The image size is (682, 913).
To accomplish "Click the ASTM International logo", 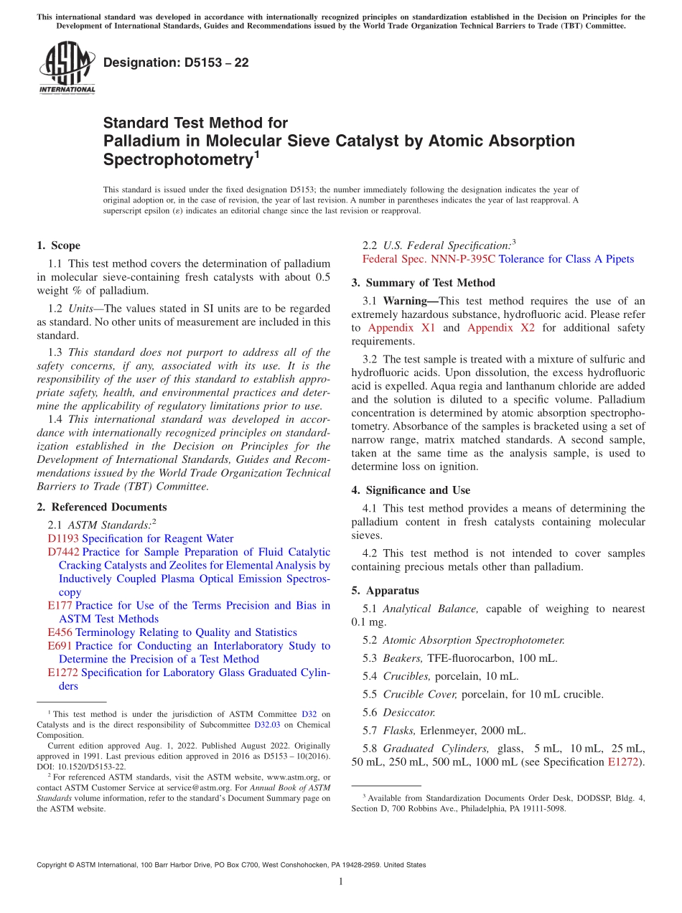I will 67,67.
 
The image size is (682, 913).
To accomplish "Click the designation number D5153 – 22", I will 176,62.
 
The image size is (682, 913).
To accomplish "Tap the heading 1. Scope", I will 58,245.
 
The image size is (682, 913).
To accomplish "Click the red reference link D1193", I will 63,538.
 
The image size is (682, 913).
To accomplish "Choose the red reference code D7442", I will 63,552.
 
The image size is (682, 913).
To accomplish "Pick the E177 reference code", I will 60,605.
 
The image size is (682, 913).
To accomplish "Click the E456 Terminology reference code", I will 60,632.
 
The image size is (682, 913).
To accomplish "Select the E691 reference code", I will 60,645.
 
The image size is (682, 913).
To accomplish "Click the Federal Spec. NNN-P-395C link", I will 429,259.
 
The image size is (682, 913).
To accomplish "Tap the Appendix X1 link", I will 401,328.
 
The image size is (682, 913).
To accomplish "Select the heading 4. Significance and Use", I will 411,490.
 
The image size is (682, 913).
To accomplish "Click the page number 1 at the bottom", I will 341,882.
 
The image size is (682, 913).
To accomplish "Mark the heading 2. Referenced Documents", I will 101,507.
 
